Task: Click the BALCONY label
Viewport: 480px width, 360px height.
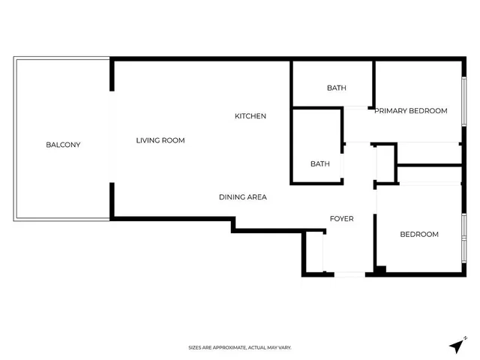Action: click(x=63, y=145)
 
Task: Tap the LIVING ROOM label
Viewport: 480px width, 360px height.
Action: click(x=160, y=140)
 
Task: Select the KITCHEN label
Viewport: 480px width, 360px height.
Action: click(x=250, y=116)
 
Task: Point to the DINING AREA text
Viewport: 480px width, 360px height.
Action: click(x=243, y=197)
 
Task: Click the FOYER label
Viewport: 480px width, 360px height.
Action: click(x=342, y=219)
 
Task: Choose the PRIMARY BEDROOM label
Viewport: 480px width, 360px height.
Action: click(x=411, y=111)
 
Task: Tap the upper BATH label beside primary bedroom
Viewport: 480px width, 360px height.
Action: click(x=337, y=88)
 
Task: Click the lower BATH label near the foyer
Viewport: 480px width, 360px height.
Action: click(x=320, y=164)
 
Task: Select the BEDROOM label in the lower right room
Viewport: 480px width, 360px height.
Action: click(x=419, y=235)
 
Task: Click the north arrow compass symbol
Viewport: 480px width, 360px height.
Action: click(x=457, y=346)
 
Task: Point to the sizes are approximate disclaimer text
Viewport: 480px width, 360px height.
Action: click(x=240, y=348)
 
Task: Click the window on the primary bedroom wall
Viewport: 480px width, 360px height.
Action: click(x=464, y=101)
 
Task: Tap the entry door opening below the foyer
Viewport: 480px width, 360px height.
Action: click(x=349, y=274)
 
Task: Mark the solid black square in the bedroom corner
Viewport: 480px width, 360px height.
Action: click(x=381, y=270)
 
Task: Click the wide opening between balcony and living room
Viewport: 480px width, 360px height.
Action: click(x=112, y=136)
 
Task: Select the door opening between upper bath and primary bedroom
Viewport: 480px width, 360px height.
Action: click(x=355, y=108)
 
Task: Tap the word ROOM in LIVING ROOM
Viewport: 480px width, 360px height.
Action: click(x=173, y=140)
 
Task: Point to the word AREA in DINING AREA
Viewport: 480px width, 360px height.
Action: click(x=257, y=197)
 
